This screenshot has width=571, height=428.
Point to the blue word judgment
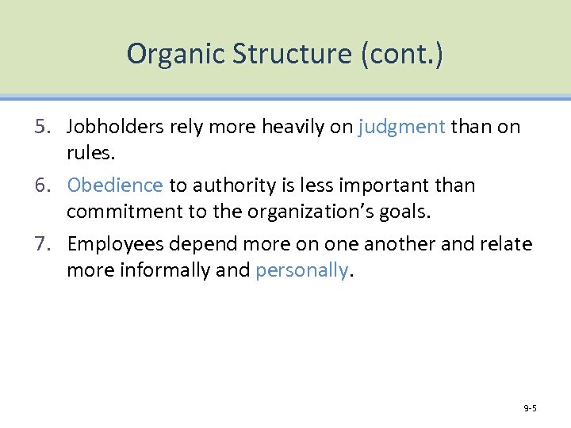(401, 127)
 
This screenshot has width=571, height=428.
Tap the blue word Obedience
(115, 185)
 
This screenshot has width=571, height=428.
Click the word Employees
(114, 244)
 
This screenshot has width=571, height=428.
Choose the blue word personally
(301, 270)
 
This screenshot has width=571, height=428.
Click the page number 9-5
(530, 408)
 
